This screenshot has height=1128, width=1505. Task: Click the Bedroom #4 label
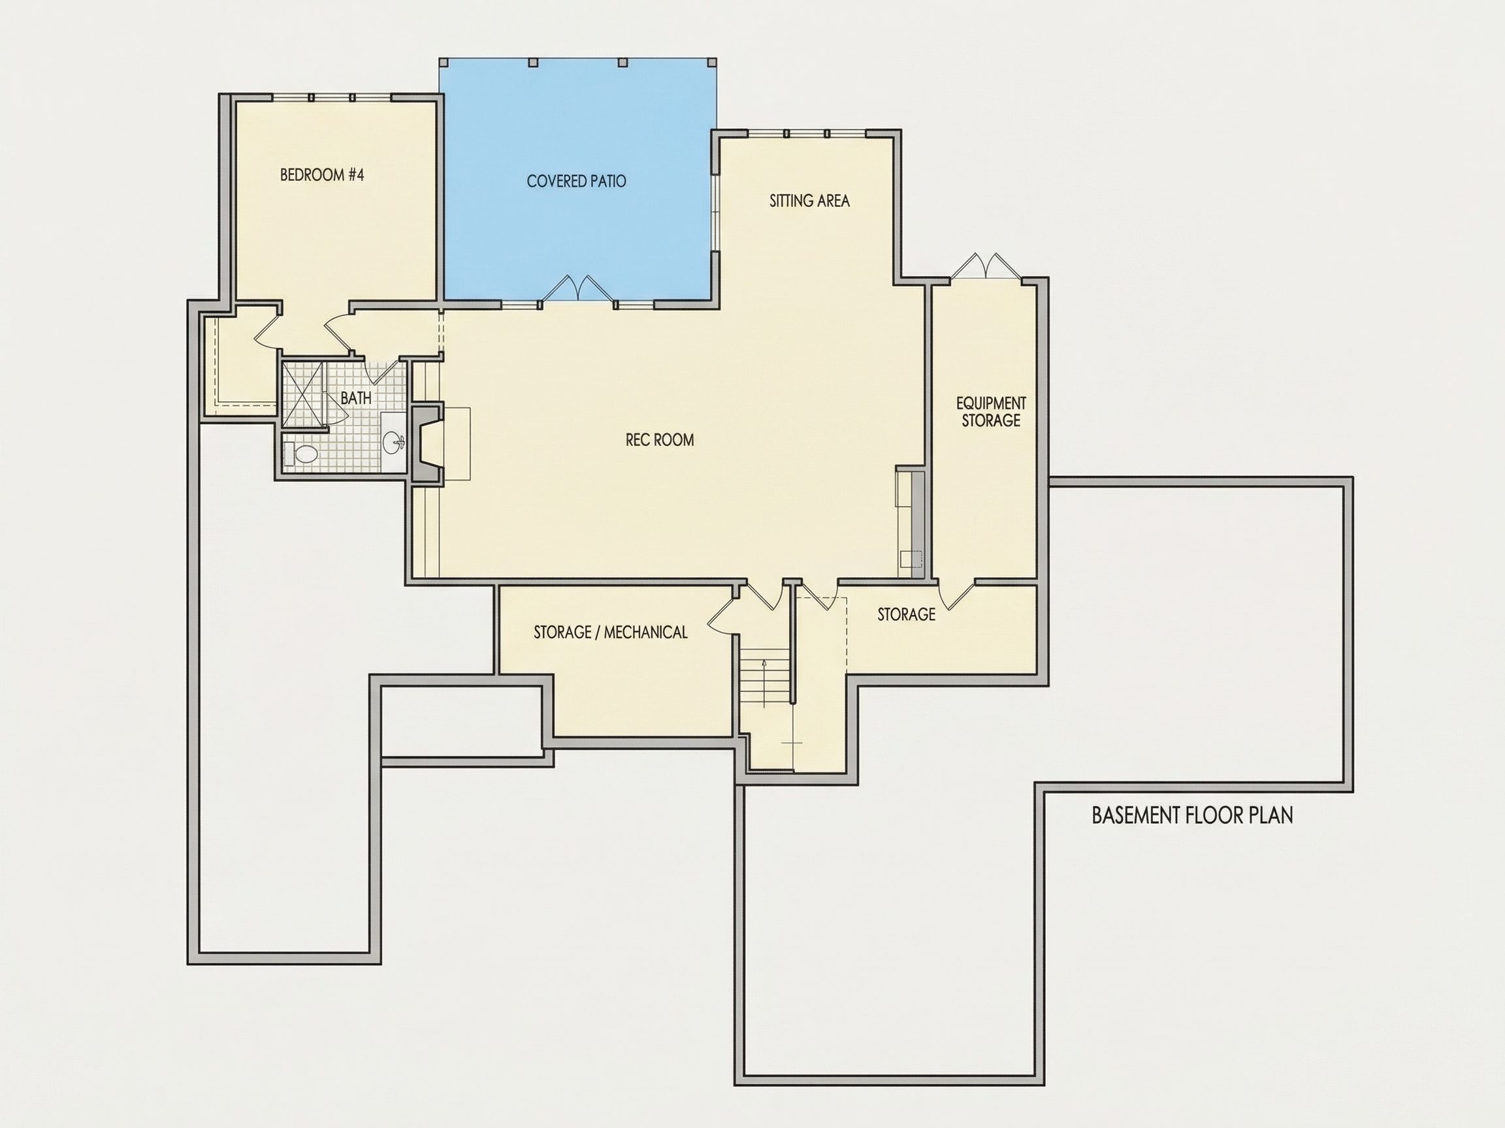point(322,176)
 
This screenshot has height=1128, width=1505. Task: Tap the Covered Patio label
point(576,181)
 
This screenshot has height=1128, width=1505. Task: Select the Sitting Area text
point(809,200)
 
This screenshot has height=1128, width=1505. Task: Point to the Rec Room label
point(660,440)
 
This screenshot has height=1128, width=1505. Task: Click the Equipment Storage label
point(991,412)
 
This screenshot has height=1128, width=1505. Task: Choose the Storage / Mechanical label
point(610,633)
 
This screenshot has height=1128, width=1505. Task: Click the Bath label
point(356,398)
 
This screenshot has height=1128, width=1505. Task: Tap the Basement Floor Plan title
point(1192,815)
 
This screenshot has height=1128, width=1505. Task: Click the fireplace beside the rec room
point(428,443)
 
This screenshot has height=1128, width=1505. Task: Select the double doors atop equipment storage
point(985,266)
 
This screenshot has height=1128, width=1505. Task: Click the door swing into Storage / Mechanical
point(722,616)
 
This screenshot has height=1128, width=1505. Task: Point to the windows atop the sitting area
point(806,133)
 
